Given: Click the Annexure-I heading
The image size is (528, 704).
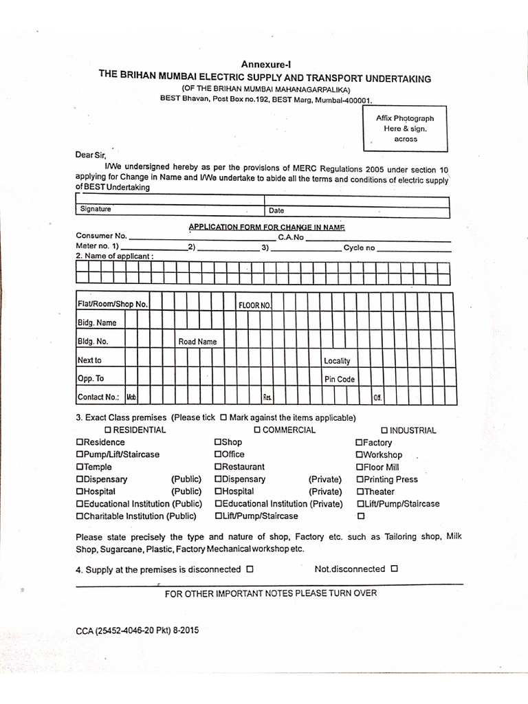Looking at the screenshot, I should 265,65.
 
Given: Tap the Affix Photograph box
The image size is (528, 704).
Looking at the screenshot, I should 405,129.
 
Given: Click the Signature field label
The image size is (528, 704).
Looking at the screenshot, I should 96,209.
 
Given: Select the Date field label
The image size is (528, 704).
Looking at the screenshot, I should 276,210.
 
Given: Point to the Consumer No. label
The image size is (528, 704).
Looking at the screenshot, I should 101,236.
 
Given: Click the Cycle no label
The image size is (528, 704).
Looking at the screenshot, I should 360,247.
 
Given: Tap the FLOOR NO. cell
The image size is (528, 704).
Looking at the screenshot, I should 255,305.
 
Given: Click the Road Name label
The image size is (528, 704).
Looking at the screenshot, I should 197,342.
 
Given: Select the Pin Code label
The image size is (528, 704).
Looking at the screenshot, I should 339,379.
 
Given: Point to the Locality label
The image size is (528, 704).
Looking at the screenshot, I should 337,360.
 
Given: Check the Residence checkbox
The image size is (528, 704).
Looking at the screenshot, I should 80,443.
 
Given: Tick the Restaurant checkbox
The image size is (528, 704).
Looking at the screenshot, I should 218,467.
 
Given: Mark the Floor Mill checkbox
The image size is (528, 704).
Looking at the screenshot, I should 359,467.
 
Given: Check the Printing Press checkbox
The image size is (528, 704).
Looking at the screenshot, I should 359,480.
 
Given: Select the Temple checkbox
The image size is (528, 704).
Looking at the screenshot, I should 80,467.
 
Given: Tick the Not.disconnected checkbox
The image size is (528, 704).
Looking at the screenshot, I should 394,569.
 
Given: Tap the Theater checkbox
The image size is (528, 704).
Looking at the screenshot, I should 359,492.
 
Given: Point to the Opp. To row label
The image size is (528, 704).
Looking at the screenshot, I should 91,379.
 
